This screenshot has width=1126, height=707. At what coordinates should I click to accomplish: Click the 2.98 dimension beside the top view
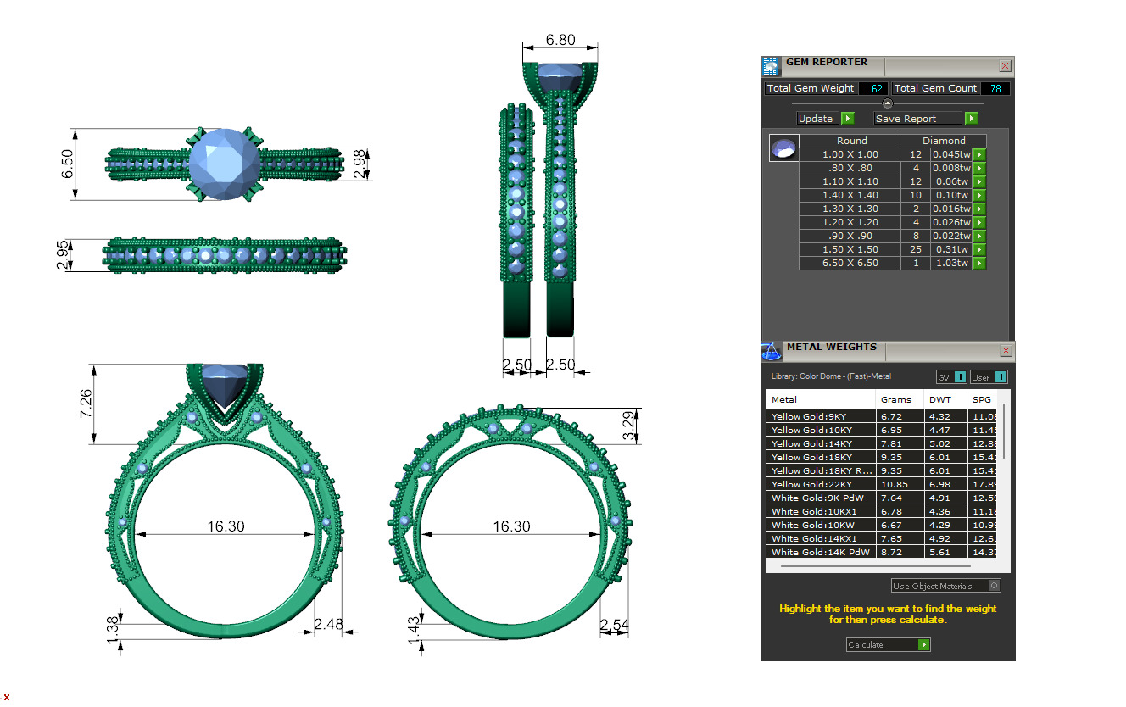361,164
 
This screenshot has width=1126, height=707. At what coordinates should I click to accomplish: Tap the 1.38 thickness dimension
114,630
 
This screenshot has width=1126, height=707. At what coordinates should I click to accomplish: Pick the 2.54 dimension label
614,626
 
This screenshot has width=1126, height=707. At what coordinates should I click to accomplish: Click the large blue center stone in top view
222,164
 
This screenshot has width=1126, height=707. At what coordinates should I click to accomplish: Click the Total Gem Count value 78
995,88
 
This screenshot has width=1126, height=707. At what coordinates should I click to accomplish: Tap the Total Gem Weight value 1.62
873,88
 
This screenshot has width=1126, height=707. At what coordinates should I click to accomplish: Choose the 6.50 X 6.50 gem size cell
851,263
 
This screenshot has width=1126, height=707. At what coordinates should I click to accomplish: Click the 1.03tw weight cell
950,263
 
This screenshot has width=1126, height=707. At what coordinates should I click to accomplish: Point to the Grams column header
895,399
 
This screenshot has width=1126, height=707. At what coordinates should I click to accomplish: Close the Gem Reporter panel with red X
1005,65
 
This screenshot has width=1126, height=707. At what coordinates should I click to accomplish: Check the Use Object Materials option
995,586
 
